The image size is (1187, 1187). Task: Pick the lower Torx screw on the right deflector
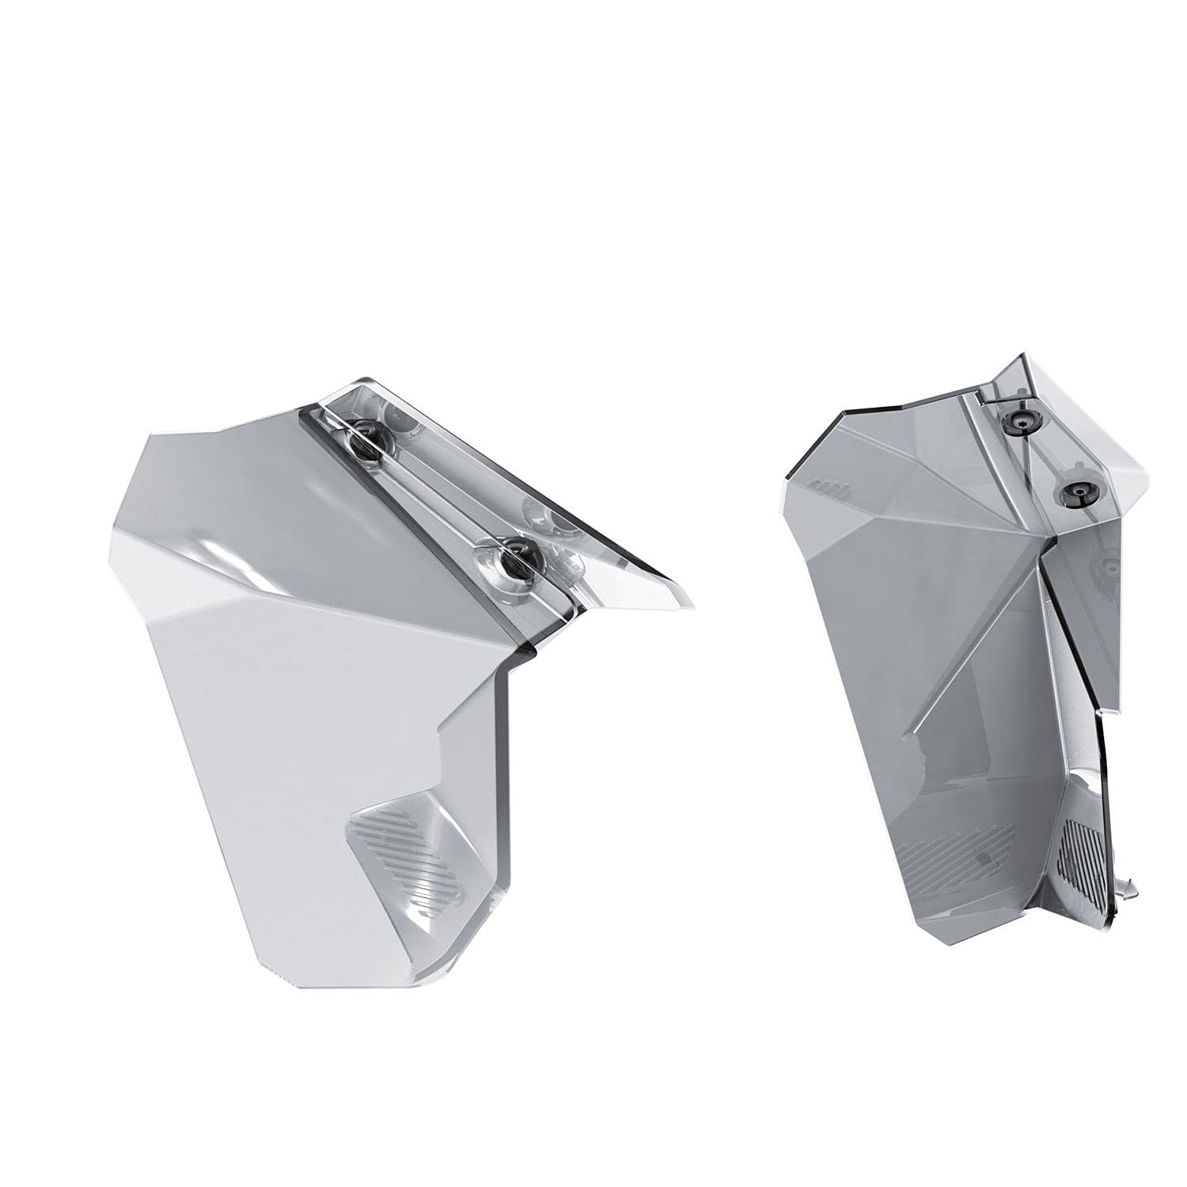1077,493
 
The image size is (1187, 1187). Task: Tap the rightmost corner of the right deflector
1146,479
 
